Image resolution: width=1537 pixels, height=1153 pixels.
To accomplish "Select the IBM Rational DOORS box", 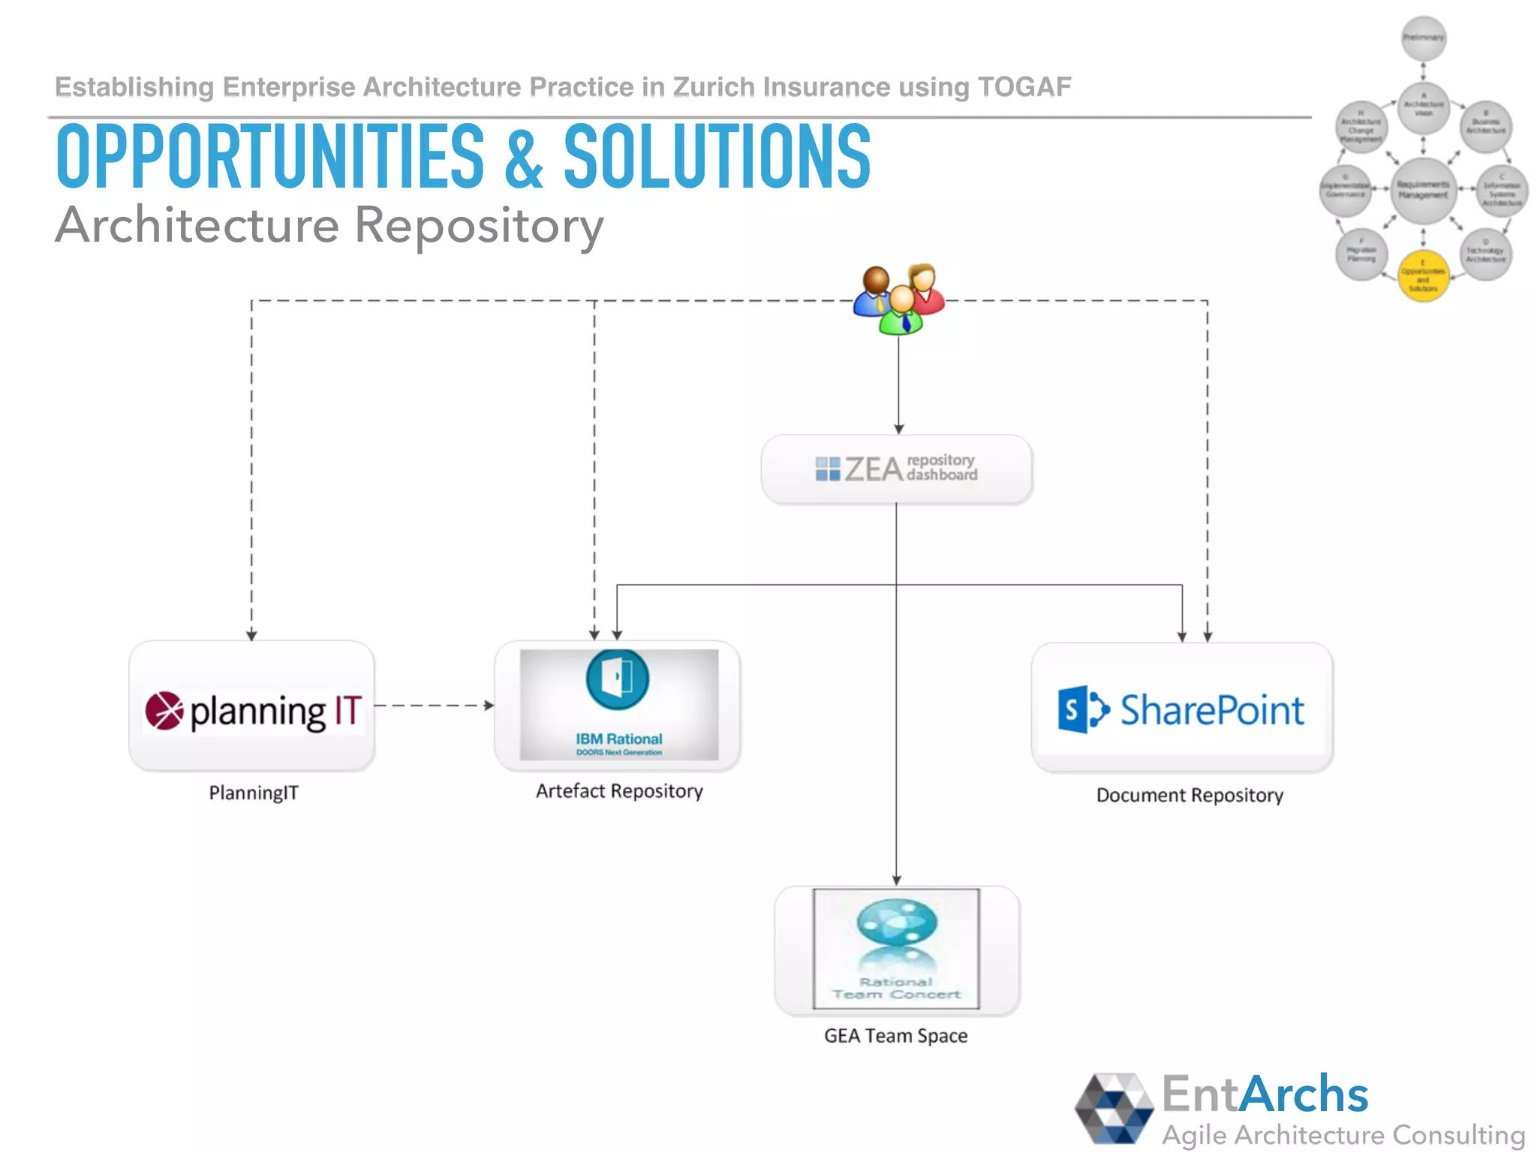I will pos(618,706).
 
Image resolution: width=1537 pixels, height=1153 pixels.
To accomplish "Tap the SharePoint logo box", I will pos(1182,709).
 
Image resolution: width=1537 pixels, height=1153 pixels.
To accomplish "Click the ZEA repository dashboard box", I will pos(897,469).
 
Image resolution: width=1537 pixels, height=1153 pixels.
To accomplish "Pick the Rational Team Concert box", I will pos(897,950).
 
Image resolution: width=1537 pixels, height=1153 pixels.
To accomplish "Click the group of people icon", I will pos(899,299).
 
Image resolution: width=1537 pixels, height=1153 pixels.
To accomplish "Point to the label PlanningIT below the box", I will pos(254,793).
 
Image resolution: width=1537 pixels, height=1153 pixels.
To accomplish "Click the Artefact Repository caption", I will pos(619,791).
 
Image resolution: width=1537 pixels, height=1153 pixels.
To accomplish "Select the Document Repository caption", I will pos(1190,795).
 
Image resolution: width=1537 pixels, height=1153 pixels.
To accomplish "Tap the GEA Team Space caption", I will pos(895,1036).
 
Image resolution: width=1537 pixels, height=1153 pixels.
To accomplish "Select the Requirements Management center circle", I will pos(1423,190).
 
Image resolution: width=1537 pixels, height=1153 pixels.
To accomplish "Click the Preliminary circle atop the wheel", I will pos(1424,38).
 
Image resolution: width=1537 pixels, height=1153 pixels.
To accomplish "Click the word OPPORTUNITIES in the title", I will pos(270,158).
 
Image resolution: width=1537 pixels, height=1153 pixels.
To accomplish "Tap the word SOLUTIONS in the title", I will pos(717,158).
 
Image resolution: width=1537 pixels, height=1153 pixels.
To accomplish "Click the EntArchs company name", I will pos(1265,1094).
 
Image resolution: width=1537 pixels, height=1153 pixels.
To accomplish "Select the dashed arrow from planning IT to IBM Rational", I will pos(434,706).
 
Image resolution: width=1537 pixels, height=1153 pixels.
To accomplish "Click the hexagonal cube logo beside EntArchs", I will pos(1114,1108).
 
